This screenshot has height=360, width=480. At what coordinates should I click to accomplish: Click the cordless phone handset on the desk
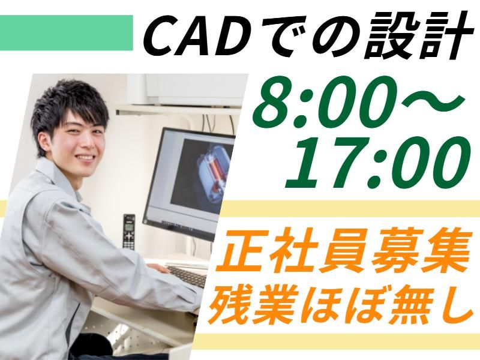point(128,231)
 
